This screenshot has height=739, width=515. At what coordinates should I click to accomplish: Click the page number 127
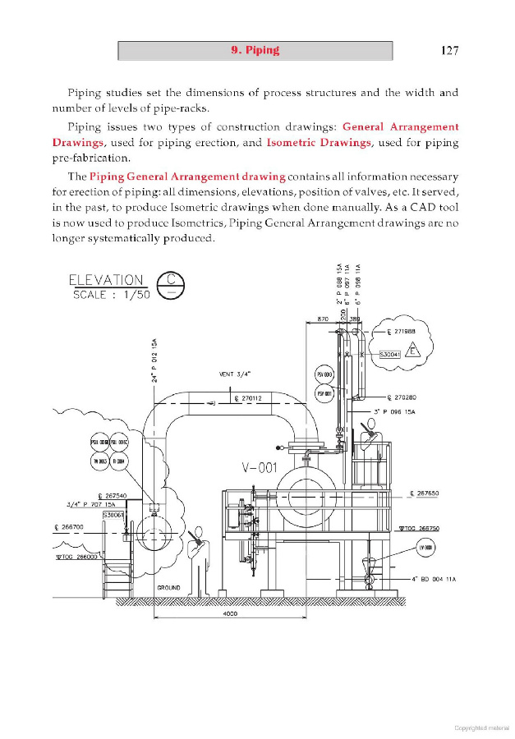point(449,50)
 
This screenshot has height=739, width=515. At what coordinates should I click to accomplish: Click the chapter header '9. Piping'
point(255,50)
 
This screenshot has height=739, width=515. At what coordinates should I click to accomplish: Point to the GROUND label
point(168,588)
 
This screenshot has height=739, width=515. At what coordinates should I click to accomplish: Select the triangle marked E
point(415,351)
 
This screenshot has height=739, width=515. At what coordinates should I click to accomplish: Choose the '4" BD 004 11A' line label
point(433,578)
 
